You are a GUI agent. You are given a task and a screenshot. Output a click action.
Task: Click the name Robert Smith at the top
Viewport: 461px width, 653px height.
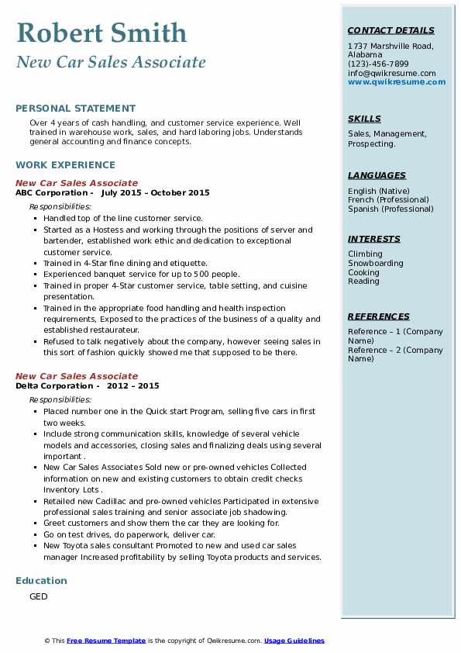pos(101,33)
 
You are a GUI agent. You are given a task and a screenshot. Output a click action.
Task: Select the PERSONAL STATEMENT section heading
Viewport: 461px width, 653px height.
pos(75,109)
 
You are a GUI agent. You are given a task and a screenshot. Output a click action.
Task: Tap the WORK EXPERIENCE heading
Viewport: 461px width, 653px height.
pos(65,164)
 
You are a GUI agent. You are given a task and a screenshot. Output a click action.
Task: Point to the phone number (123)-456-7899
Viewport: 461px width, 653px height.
pos(378,64)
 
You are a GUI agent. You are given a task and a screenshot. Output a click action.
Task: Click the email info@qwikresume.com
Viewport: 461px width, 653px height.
pos(391,73)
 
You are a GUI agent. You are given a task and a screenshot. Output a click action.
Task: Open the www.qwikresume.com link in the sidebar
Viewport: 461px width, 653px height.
pos(397,81)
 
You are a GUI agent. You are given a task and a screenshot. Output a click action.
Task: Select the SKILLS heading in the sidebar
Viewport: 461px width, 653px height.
pos(364,119)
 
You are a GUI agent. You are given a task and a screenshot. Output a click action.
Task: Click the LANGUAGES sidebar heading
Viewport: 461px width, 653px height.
pos(377,175)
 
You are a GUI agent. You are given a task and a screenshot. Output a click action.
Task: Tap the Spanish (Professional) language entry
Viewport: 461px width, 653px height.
pos(391,209)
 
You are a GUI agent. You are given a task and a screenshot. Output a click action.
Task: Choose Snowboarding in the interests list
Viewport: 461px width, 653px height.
pos(376,264)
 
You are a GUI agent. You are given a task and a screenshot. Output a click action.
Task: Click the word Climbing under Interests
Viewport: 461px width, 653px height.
pos(365,254)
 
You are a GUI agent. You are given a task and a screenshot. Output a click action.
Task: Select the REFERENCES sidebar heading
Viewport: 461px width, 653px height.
pos(379,316)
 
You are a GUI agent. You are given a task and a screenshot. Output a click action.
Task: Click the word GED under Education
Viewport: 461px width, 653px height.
pos(39,596)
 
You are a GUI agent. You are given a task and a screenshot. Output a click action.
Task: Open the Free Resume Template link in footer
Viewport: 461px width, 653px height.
pos(106,641)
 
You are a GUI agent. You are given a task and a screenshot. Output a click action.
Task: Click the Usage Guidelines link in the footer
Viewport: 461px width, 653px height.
pos(294,641)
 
